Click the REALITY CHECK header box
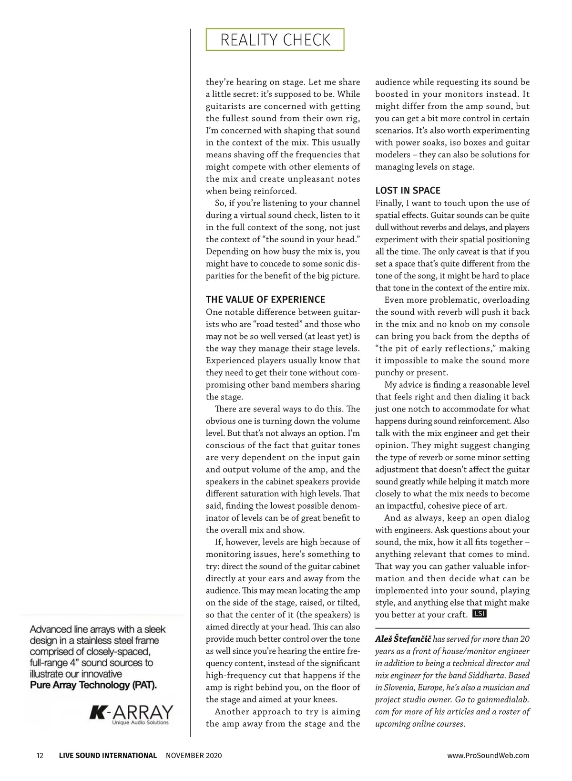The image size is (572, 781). tap(275, 40)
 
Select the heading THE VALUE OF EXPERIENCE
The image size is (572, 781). tap(266, 300)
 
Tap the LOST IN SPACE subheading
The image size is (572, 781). tap(408, 191)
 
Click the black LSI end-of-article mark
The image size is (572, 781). tap(479, 614)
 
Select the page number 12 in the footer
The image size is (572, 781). tap(40, 755)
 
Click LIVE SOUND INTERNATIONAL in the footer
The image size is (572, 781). tap(108, 755)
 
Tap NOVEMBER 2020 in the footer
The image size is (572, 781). tap(194, 755)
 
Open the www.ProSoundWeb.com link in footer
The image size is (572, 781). tap(488, 755)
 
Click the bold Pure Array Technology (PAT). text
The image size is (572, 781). tap(93, 685)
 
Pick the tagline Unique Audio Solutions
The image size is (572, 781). tap(140, 723)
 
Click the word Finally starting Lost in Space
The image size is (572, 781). tap(388, 203)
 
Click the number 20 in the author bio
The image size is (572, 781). tap(524, 639)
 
